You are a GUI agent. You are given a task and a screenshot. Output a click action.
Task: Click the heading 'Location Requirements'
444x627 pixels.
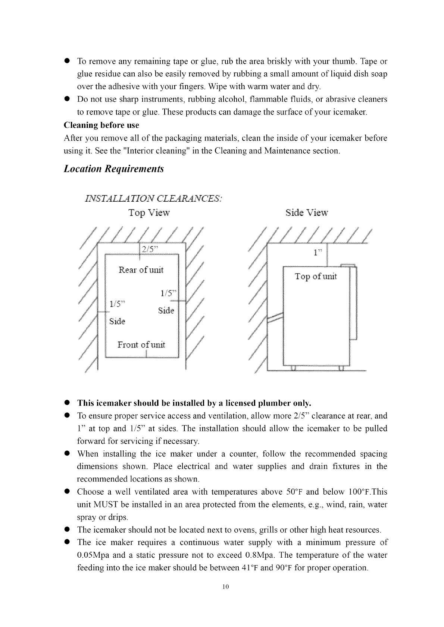point(114,169)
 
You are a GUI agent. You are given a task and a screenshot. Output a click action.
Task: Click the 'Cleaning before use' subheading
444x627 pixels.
point(101,125)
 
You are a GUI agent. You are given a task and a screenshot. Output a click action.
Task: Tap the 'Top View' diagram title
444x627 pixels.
point(149,213)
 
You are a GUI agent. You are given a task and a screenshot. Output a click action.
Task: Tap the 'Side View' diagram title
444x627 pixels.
point(307,213)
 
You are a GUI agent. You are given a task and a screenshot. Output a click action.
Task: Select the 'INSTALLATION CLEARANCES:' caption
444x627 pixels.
point(154,198)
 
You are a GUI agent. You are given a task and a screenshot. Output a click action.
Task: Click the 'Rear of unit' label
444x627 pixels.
point(141,270)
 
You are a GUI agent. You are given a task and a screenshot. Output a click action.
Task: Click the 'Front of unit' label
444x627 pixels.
point(141,344)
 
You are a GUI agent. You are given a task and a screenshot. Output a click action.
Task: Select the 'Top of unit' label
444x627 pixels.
point(316,276)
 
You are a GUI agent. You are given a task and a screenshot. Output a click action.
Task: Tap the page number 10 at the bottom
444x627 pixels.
point(225,586)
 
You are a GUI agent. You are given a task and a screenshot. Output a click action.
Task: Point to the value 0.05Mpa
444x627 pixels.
point(93,555)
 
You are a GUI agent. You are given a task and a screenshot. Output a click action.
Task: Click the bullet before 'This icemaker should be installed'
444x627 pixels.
point(68,404)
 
